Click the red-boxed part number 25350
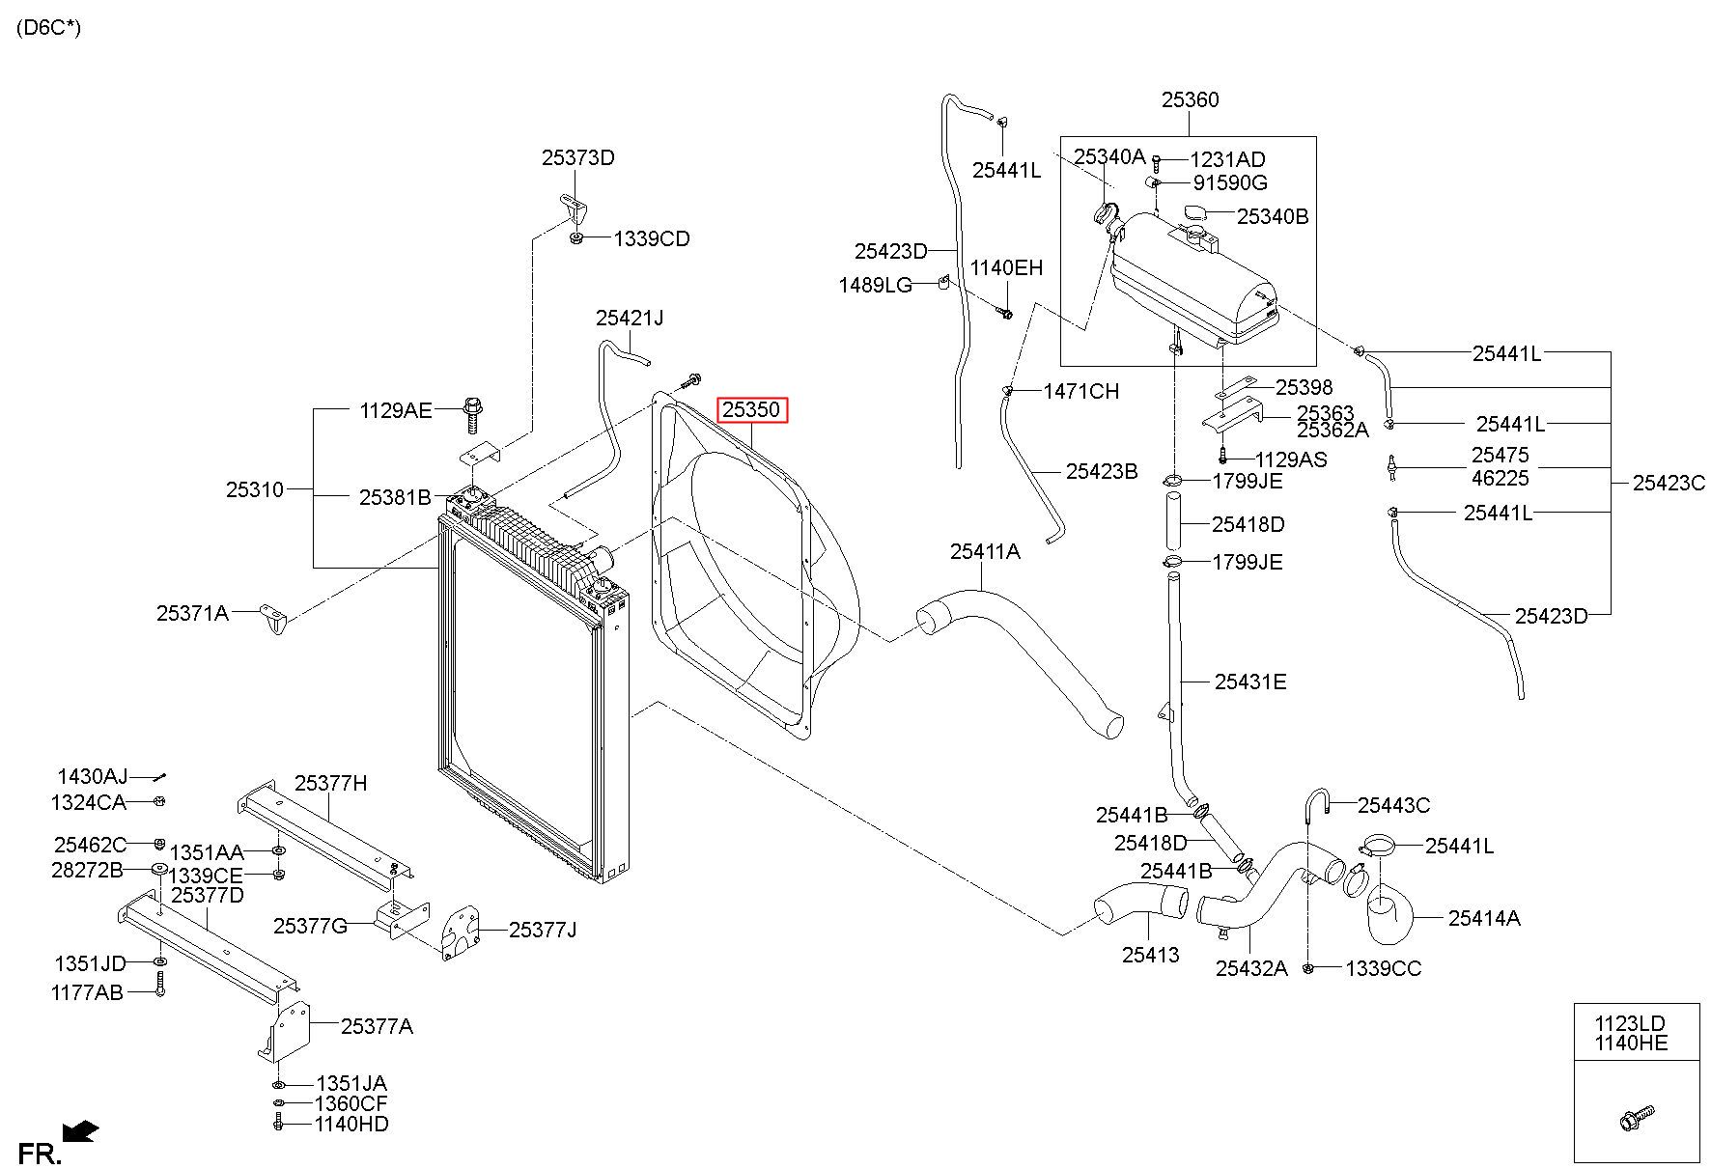tap(751, 410)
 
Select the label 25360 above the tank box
tap(1190, 99)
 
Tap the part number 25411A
tap(985, 551)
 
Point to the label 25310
tap(255, 489)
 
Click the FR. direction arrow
tap(80, 1129)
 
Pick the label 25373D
tap(577, 157)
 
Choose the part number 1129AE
tap(396, 410)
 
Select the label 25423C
tap(1669, 483)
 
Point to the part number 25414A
tap(1484, 918)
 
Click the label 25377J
tap(542, 930)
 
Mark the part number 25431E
tap(1250, 682)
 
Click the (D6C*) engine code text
tap(49, 27)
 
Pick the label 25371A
tap(192, 612)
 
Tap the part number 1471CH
tap(1081, 391)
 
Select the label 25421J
tap(630, 318)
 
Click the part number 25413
tap(1151, 956)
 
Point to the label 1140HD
tap(351, 1124)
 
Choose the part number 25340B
tap(1273, 216)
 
